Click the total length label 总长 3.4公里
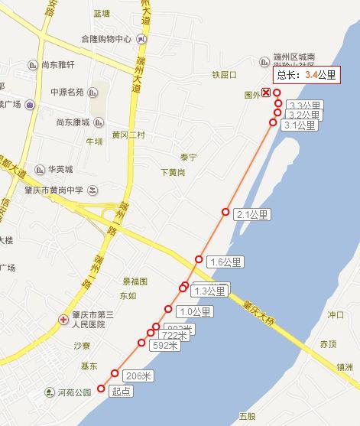pos(307,75)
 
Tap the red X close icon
pos(265,93)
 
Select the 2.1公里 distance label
pos(253,214)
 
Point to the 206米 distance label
pos(138,376)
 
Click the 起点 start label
pos(121,391)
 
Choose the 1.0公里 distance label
pos(194,311)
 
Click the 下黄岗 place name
pos(173,172)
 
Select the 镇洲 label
pos(343,367)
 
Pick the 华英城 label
pos(60,169)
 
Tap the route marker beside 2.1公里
pos(225,212)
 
